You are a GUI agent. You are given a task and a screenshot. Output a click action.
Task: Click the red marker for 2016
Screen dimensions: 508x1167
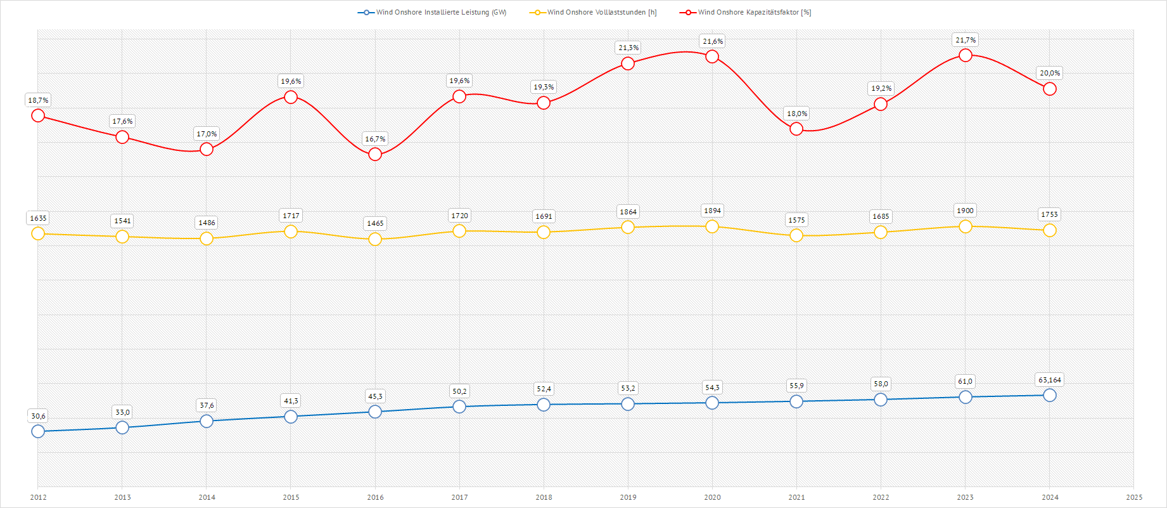375,154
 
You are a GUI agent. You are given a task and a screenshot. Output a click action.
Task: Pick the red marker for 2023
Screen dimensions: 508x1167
966,55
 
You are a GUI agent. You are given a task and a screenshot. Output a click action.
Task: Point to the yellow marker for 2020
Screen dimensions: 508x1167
712,226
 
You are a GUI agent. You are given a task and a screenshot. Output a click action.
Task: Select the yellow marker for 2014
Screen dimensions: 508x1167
207,238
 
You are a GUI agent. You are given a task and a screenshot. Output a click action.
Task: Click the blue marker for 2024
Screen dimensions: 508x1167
1050,395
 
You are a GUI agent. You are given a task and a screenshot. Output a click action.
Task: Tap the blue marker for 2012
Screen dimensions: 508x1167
38,431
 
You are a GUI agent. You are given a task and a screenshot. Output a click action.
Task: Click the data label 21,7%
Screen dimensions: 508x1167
966,40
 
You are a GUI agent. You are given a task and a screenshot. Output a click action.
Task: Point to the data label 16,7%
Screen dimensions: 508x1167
375,139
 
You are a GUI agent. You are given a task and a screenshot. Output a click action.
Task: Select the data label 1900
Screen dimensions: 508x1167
966,211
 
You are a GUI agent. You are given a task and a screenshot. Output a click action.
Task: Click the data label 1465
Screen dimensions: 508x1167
375,223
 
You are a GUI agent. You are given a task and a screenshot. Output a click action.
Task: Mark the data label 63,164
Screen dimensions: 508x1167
1050,380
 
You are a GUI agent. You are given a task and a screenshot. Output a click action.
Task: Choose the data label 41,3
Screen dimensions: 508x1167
291,401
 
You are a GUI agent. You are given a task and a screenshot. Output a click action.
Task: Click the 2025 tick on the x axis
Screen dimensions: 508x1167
1134,497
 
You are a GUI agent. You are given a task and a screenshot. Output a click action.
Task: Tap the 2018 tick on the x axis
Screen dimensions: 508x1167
544,497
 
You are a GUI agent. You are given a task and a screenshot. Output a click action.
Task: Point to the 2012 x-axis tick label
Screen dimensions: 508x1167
38,497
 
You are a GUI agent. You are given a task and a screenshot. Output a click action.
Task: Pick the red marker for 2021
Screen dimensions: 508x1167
796,129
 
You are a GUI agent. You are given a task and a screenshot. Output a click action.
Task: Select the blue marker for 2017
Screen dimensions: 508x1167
459,407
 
